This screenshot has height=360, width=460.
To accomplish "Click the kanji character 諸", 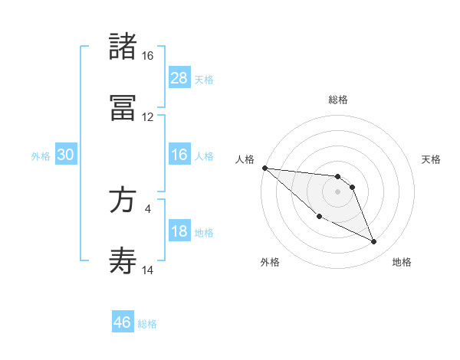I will (123, 47).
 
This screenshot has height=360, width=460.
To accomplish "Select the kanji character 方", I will (123, 200).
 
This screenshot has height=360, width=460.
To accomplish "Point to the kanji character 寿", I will (123, 261).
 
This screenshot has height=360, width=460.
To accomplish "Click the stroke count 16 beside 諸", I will (147, 56).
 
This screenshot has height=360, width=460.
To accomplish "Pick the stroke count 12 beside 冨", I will (147, 117).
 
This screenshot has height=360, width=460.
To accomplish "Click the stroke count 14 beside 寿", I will (147, 270).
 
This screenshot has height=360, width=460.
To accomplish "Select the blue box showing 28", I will (179, 78).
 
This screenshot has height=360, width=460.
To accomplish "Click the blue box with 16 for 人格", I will (179, 155).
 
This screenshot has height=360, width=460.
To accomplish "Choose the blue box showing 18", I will (179, 231).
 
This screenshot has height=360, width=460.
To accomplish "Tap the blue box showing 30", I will (66, 155).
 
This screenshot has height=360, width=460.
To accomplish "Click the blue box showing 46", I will (123, 322).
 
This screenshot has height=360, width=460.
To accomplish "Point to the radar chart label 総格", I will (338, 100).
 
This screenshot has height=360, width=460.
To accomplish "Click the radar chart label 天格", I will (432, 159).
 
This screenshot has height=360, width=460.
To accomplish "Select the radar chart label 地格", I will (402, 262).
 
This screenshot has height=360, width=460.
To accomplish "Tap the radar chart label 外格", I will (270, 262).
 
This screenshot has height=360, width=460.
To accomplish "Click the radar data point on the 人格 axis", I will (264, 168).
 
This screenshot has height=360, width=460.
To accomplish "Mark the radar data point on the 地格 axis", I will (374, 242).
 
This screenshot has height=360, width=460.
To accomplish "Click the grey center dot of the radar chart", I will (337, 191).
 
